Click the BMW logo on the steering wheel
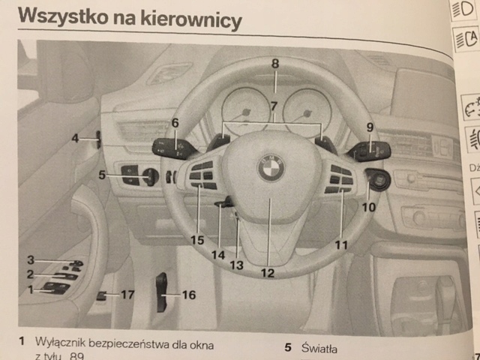click(x=271, y=167)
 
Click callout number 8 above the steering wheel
click(x=275, y=64)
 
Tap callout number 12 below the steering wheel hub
click(x=268, y=273)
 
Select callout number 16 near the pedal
click(x=188, y=295)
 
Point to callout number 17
click(x=127, y=295)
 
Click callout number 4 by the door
click(x=76, y=138)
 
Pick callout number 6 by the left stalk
click(x=175, y=123)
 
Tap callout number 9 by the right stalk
click(x=370, y=127)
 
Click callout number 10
click(x=368, y=207)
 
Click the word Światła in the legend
click(x=321, y=348)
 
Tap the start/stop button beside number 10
click(x=376, y=180)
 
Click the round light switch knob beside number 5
click(x=149, y=178)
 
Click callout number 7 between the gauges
click(x=274, y=106)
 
